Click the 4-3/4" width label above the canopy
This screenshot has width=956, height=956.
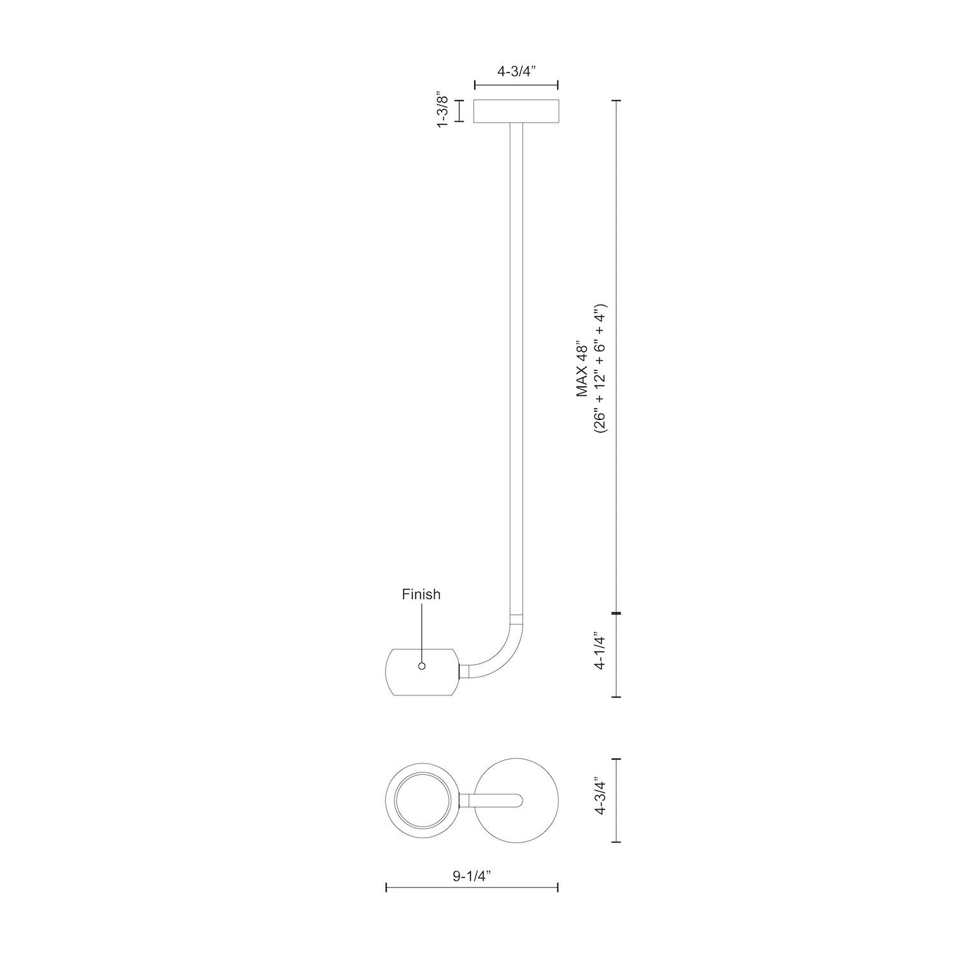click(x=516, y=71)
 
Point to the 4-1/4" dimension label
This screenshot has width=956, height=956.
click(x=599, y=651)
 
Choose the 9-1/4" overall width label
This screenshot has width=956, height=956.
click(x=472, y=876)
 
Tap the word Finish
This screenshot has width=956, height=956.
click(x=421, y=595)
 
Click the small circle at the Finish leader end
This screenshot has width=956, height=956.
click(x=421, y=666)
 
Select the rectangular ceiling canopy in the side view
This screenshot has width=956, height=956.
click(x=516, y=111)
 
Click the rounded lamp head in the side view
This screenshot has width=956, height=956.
click(x=423, y=672)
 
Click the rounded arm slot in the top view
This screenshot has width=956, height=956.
click(x=497, y=800)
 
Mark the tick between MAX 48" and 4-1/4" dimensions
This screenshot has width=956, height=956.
click(x=616, y=613)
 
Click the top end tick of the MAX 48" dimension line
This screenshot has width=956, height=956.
click(x=616, y=101)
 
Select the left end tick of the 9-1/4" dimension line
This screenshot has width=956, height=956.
click(x=387, y=887)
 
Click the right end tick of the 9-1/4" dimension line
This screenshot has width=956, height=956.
click(x=558, y=887)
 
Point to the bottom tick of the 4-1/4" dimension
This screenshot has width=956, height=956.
click(x=616, y=697)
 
